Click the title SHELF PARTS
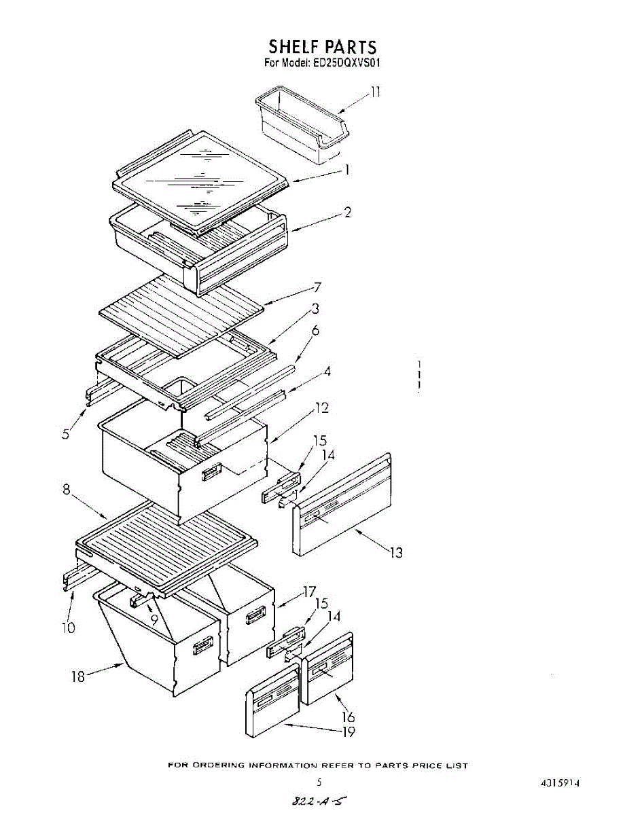click(x=321, y=47)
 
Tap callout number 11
click(x=374, y=92)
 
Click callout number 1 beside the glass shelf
click(x=347, y=170)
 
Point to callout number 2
click(x=347, y=213)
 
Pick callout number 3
click(x=315, y=309)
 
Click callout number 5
click(x=66, y=433)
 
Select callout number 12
click(x=321, y=407)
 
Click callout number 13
click(x=395, y=552)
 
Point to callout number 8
click(x=67, y=489)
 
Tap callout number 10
click(x=68, y=628)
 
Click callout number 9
click(x=154, y=619)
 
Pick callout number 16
click(x=349, y=716)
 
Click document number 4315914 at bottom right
click(x=560, y=783)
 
